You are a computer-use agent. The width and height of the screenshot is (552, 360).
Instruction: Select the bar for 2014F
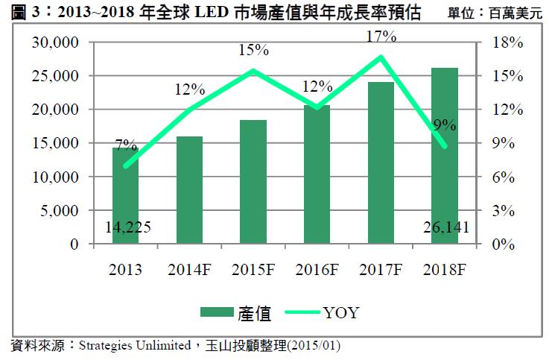[189, 190]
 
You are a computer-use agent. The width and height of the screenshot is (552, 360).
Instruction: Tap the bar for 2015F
[253, 182]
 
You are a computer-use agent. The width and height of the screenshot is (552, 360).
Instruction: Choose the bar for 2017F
[381, 162]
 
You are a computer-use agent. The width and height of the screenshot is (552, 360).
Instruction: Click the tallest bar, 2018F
[445, 156]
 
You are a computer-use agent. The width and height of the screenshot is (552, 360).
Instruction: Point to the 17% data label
[381, 36]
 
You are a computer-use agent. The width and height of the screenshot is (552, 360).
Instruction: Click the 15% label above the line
[254, 51]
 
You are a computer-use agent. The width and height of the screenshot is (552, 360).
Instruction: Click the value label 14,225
[125, 227]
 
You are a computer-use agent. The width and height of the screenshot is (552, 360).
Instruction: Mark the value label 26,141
[445, 227]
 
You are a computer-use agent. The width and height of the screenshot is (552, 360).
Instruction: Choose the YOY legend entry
[340, 313]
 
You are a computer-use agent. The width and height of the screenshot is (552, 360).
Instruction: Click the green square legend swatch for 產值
[217, 313]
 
